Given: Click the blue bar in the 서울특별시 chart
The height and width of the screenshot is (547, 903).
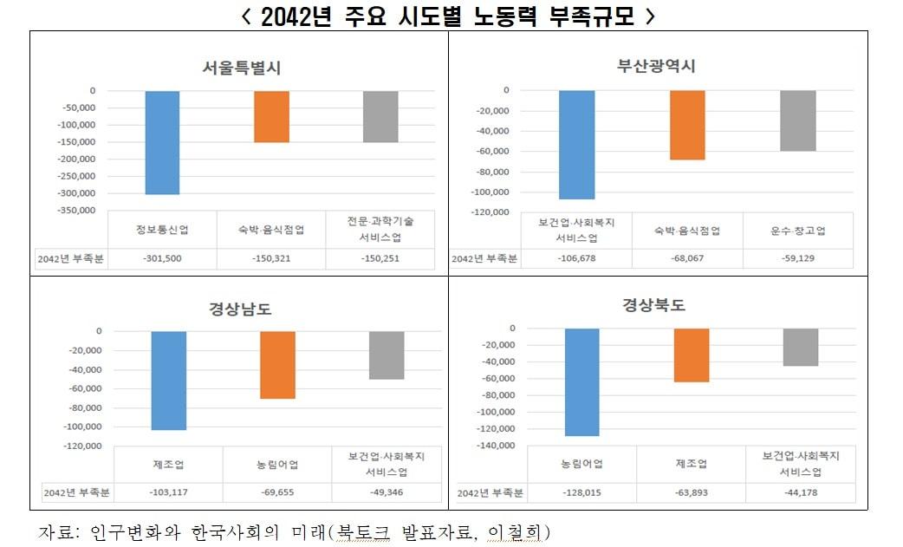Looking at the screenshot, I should [162, 142].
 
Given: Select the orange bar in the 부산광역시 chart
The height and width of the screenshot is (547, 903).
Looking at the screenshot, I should [687, 125].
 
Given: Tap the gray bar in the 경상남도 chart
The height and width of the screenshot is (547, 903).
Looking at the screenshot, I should [387, 355].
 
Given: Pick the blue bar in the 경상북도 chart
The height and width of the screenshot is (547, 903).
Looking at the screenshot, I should [581, 381].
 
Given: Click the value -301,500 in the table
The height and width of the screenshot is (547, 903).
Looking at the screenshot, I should [162, 258].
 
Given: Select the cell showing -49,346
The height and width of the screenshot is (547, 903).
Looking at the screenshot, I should [387, 492].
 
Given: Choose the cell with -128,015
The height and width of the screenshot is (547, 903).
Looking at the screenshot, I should [581, 492].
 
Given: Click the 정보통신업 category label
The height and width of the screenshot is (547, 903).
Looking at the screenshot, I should [162, 230].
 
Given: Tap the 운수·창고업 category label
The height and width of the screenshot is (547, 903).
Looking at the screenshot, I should [797, 231].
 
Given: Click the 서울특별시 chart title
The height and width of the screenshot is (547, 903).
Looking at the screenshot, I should [242, 68].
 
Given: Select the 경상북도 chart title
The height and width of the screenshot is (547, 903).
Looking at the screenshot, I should [654, 304].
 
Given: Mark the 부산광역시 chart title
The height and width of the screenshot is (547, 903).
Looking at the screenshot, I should [656, 66].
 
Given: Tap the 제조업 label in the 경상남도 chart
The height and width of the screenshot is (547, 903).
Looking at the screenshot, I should [168, 464].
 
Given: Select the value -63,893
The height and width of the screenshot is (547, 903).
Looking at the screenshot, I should [692, 492].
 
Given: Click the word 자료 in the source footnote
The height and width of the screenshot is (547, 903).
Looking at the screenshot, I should [56, 531].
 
